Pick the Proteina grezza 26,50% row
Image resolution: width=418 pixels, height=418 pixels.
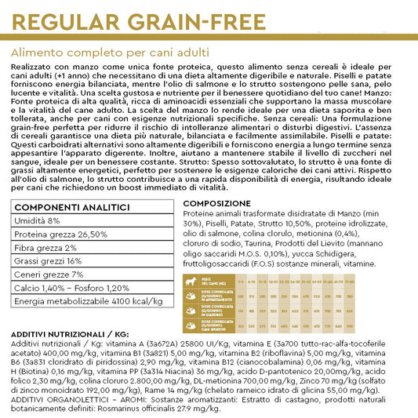[x=60, y=234]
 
